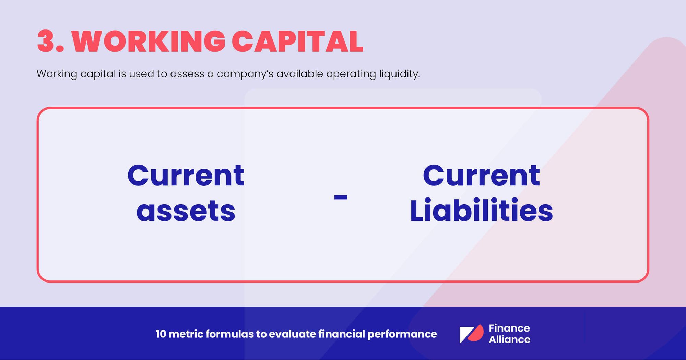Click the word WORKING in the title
pos(149,41)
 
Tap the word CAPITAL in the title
pos(297,41)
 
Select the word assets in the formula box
pos(186,211)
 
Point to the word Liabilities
pos(481,211)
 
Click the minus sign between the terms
pos(341,197)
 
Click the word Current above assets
pos(186,176)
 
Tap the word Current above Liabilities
pos(481,176)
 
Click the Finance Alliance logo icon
pos(471,334)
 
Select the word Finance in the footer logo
pos(509,328)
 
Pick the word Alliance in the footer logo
pos(509,339)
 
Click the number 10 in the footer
pos(161,334)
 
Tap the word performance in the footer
pos(402,334)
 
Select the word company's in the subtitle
pos(245,74)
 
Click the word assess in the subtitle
pos(187,74)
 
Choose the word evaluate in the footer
pos(292,334)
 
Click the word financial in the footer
pos(341,334)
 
